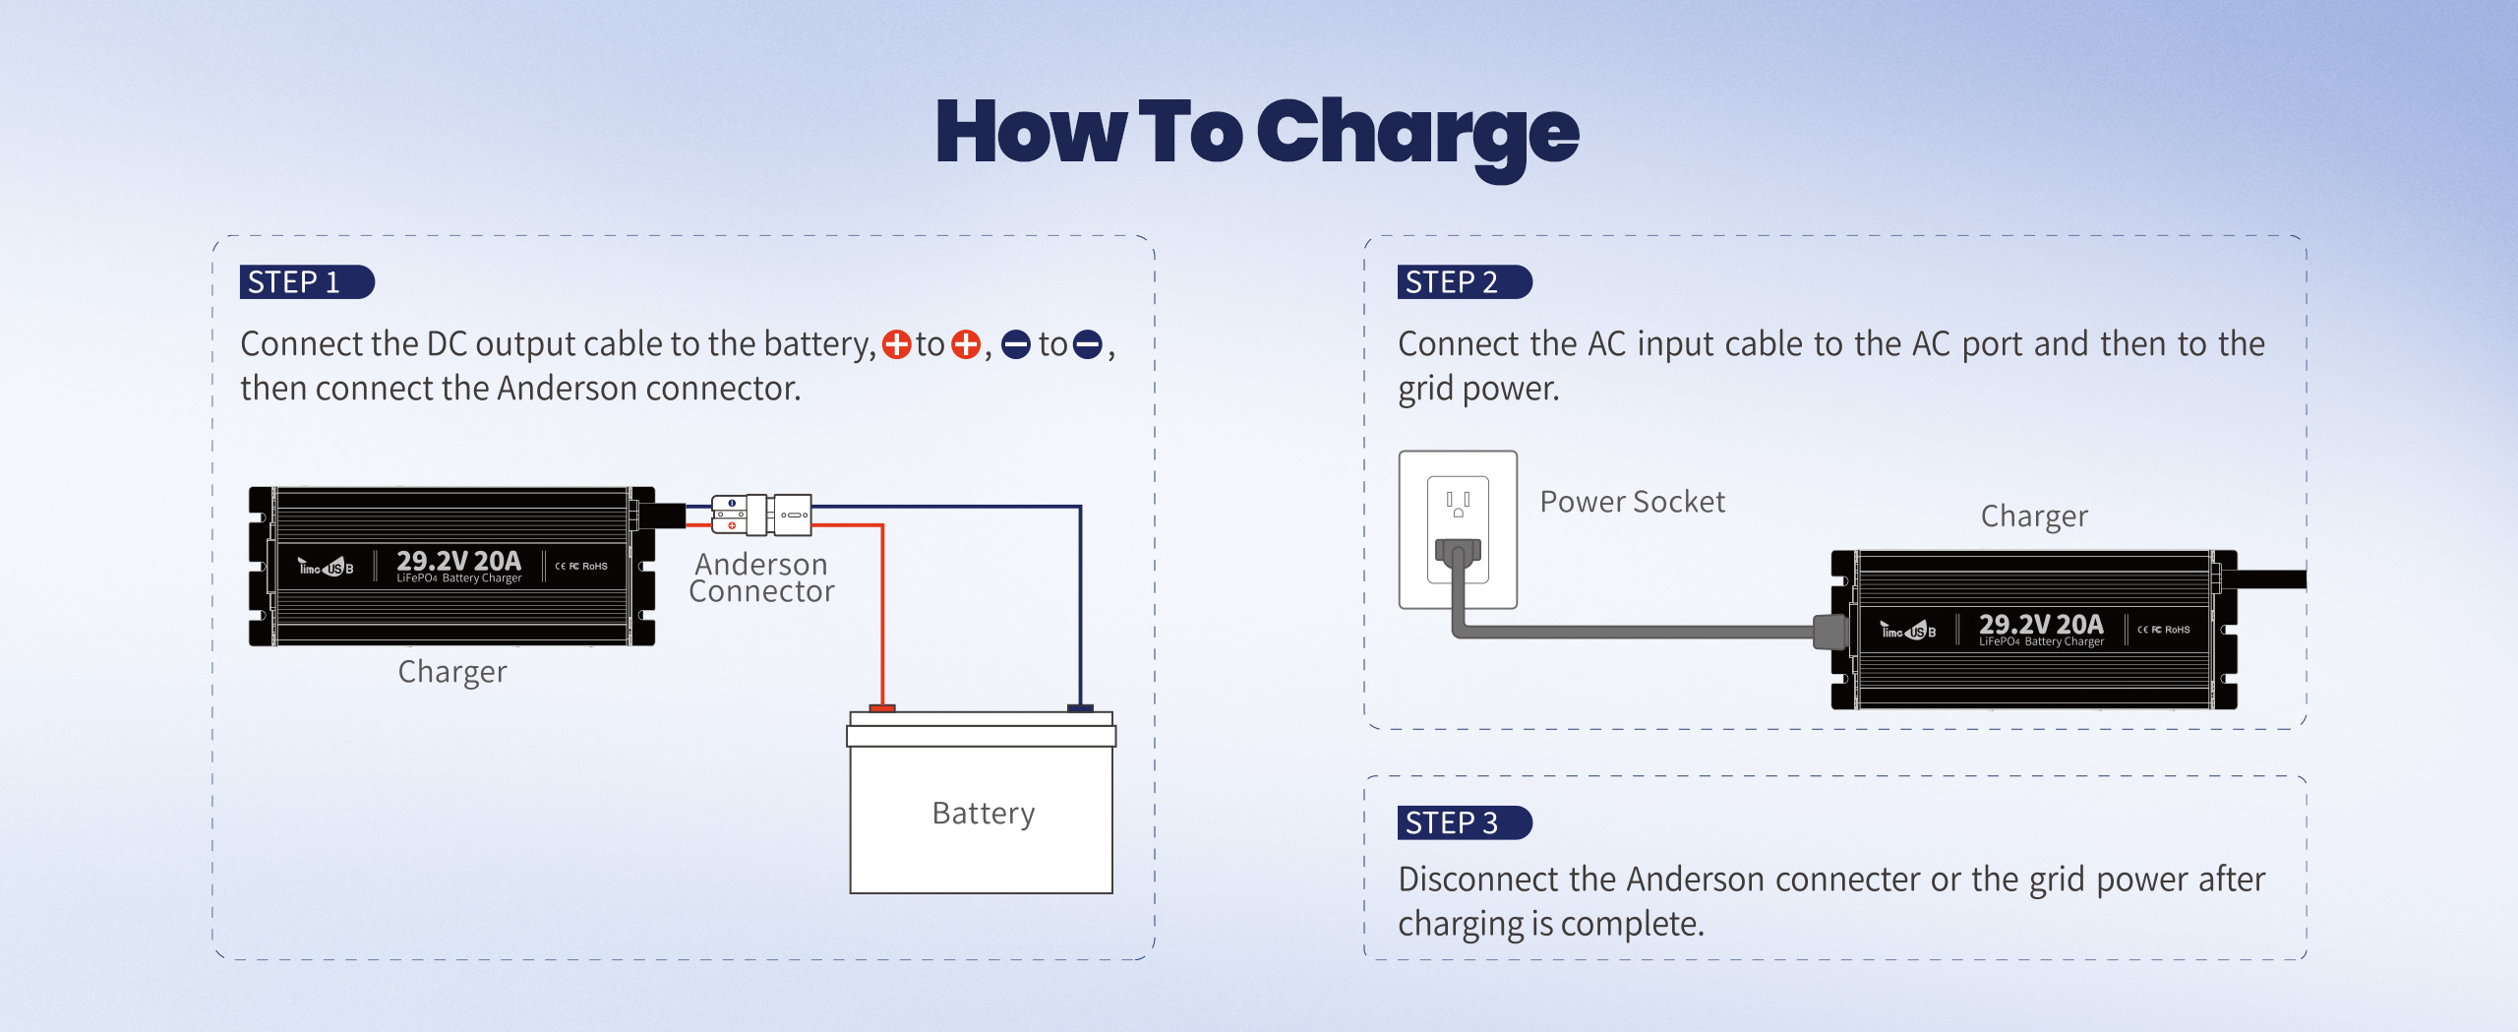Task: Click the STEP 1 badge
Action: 305,282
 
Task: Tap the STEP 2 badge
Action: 1463,282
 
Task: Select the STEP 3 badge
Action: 1463,822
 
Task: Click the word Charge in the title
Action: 1416,135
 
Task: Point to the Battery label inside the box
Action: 983,814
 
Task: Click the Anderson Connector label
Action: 761,577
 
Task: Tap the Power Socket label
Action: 1632,502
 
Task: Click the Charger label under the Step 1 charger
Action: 451,672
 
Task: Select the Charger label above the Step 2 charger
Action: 2033,516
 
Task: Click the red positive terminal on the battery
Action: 882,708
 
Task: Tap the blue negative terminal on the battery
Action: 1080,708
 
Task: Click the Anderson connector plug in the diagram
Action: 761,515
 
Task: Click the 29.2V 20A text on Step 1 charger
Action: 458,561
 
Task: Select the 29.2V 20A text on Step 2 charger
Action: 2041,624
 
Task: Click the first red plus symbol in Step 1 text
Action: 896,344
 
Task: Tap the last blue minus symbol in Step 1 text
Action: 1087,344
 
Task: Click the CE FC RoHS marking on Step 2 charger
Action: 2164,630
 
